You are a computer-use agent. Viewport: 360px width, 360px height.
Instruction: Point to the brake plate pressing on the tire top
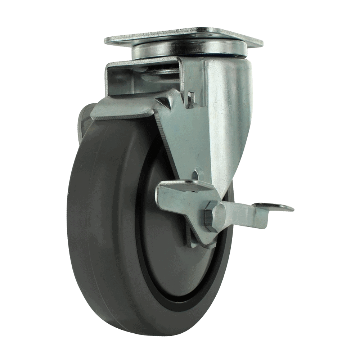122,112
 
